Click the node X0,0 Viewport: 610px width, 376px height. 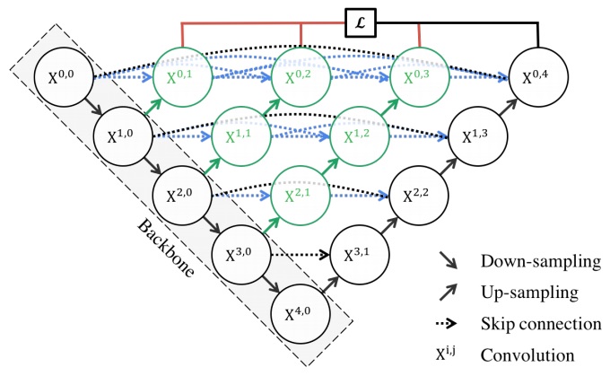pos(65,77)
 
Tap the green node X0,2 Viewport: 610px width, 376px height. pos(301,77)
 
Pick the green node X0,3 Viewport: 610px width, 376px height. pos(418,77)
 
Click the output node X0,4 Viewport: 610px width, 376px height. pos(536,77)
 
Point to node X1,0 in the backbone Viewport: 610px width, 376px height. pos(124,136)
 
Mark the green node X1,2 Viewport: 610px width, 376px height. pos(360,136)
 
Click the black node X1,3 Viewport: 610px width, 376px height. pos(477,136)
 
